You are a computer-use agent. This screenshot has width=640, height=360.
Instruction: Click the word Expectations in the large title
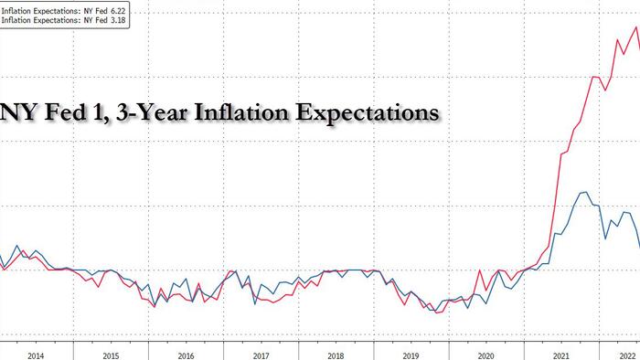[x=365, y=112]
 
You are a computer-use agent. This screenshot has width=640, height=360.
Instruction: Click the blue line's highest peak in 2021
[x=583, y=194]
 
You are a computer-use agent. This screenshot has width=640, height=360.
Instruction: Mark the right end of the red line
[x=639, y=44]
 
